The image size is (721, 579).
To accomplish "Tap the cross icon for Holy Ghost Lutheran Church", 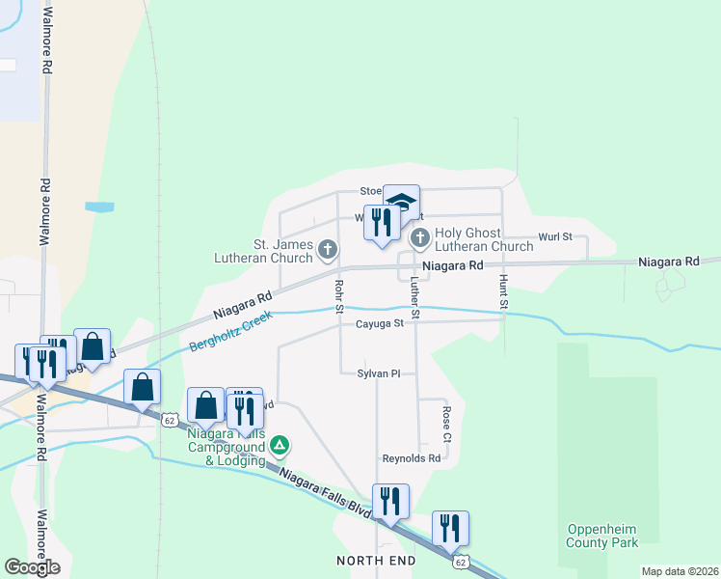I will coord(419,237).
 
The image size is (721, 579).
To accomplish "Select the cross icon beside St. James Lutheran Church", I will coord(328,251).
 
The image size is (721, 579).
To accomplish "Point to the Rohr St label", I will coord(338,296).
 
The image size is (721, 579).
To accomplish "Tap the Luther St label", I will coord(414,298).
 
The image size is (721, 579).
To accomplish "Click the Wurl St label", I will coord(555,236).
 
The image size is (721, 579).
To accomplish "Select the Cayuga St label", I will coord(379,324).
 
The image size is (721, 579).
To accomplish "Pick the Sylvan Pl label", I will coord(379,372).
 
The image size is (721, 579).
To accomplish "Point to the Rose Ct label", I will coord(446,424).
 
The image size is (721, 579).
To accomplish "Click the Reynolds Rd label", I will coord(411,458).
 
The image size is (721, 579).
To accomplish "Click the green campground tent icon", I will coord(280,445).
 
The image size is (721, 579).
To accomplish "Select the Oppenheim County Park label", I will coord(602,536).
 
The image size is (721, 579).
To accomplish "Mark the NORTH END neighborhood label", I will coord(376,561).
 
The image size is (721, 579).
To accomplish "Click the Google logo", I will coord(32,567).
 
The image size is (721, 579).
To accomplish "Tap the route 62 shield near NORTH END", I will coord(460,561).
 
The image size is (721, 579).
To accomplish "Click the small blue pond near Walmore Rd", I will coord(99,207).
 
